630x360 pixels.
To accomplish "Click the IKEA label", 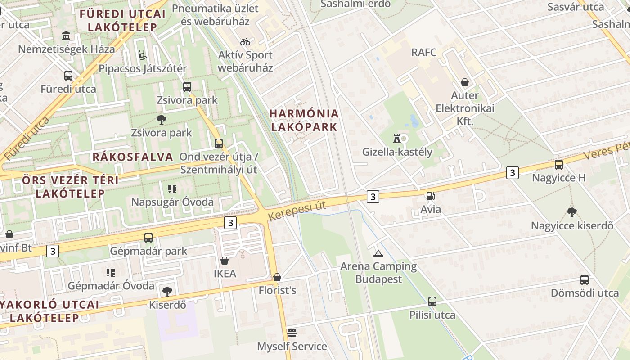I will pos(225,274).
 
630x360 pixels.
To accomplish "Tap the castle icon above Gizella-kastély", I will pos(396,138).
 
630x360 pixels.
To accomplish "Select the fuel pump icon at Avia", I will pos(430,196).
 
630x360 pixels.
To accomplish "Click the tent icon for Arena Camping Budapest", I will pos(378,253).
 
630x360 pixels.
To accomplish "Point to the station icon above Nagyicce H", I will pos(558,165).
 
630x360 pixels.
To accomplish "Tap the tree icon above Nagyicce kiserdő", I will pos(571,212).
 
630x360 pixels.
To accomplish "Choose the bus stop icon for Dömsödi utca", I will pos(584,280).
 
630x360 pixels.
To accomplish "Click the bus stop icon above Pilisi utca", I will pos(432,301).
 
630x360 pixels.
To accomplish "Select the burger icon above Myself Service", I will pos(292,333).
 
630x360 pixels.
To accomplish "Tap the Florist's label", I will pos(277,290).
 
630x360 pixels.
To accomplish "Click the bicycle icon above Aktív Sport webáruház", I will pos(245,42).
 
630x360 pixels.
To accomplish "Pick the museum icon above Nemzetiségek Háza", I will pos(66,36).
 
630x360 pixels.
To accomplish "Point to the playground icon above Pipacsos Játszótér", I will pos(142,55).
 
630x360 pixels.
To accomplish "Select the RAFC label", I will pos(424,53).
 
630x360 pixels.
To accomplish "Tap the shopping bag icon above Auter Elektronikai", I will pos(464,82).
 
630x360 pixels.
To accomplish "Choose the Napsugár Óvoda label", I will pos(172,202).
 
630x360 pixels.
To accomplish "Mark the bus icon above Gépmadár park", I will pos(148,237).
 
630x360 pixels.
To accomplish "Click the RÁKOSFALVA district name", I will pos(133,157).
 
